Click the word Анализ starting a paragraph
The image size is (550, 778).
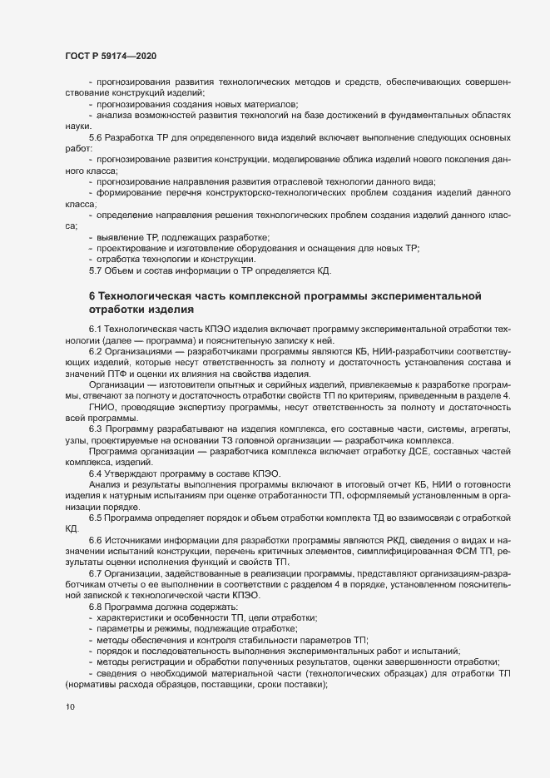[104, 483]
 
